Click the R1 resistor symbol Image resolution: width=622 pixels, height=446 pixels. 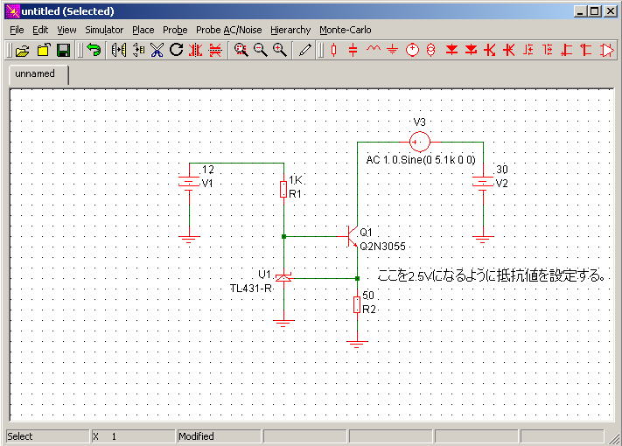point(283,189)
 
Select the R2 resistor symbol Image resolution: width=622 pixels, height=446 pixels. point(357,304)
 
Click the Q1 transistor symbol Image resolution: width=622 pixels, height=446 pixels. point(352,237)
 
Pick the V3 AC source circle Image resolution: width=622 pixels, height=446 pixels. point(419,142)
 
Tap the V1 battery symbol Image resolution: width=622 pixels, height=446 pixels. point(189,183)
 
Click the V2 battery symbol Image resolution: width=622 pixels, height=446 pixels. point(483,183)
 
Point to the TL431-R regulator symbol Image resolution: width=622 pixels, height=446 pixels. point(283,278)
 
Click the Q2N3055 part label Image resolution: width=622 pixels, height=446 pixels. point(382,247)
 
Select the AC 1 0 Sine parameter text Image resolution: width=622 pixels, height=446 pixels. point(421,160)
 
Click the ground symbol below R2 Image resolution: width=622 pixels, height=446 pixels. point(357,344)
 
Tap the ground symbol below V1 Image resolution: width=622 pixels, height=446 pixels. point(189,239)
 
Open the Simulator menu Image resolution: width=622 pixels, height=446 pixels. point(104,30)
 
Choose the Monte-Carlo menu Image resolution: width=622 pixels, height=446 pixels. point(345,30)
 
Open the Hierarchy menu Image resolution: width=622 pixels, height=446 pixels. point(290,30)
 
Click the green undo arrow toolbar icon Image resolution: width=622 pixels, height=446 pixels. point(94,51)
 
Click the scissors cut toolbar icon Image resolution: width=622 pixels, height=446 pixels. point(157,51)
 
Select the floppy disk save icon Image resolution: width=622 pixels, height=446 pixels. point(64,51)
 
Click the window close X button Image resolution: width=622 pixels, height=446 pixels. point(611,11)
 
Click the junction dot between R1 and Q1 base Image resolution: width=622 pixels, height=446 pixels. point(283,237)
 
